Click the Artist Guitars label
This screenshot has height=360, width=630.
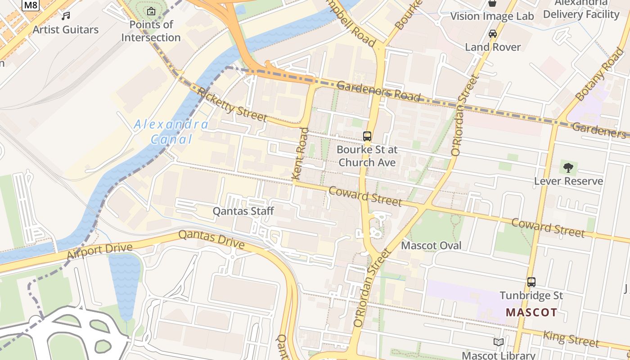[66, 30]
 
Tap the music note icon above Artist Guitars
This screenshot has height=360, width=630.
[66, 16]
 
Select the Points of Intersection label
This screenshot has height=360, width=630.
[151, 31]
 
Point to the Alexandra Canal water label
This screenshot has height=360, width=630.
[171, 131]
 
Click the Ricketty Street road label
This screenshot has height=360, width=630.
[232, 106]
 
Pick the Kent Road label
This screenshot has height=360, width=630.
[301, 154]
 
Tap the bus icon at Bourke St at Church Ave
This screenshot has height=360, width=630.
[367, 136]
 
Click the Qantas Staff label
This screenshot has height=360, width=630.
[243, 211]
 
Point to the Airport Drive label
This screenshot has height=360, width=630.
[99, 251]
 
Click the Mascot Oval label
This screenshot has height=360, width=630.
[431, 246]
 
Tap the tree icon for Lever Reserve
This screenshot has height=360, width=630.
[568, 168]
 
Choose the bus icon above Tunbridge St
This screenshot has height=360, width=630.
[531, 282]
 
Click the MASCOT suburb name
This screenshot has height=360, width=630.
[531, 312]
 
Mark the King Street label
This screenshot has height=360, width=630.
[571, 339]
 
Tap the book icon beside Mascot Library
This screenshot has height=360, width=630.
[498, 342]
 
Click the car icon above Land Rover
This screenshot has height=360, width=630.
[493, 34]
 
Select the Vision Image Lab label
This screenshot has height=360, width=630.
[492, 17]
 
